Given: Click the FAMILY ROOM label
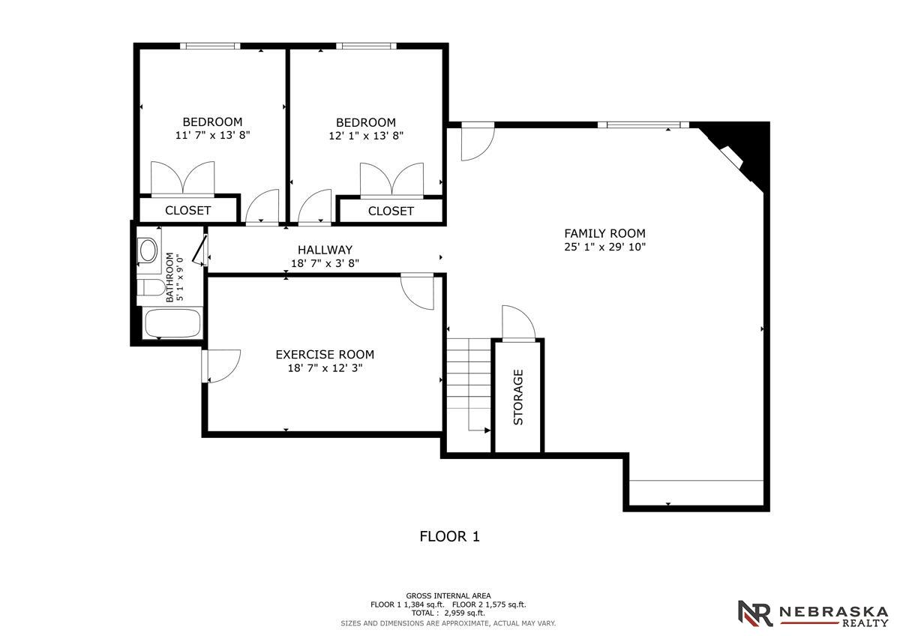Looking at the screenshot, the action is [x=604, y=233].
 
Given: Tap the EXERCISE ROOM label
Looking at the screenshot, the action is [x=325, y=355].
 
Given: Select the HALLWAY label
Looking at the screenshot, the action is [x=325, y=250].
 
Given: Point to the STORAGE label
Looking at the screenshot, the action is [x=518, y=397].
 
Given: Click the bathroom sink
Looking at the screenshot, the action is [x=148, y=250].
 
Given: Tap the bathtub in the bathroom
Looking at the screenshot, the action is [x=172, y=323].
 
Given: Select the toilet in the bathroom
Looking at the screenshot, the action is [x=151, y=288].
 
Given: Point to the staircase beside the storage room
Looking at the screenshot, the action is [x=469, y=385].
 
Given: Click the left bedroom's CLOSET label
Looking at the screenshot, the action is [x=187, y=211].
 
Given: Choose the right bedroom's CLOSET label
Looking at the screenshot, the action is [x=391, y=211].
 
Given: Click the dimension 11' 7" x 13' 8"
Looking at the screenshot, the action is [x=212, y=135].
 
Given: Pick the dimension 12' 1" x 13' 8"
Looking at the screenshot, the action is [x=366, y=136].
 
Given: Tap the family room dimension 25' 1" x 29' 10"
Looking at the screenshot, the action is [x=604, y=247].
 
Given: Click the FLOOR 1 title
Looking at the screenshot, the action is [x=449, y=536].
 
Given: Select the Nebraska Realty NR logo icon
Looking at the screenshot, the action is [x=755, y=613].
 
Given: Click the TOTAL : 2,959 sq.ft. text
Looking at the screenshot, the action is [x=448, y=613].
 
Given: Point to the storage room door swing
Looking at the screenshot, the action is [x=518, y=322].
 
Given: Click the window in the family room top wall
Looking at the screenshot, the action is [x=643, y=124].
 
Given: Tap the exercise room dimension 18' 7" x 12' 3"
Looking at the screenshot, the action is [x=325, y=368].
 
